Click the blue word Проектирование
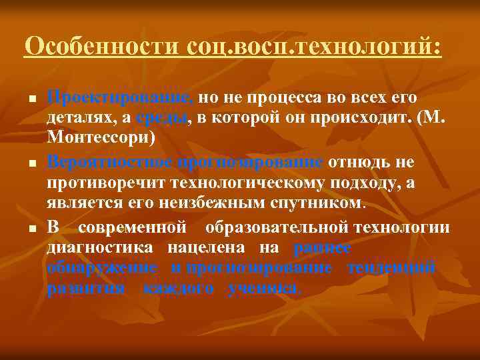tap(120, 98)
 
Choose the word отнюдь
tap(359, 163)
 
